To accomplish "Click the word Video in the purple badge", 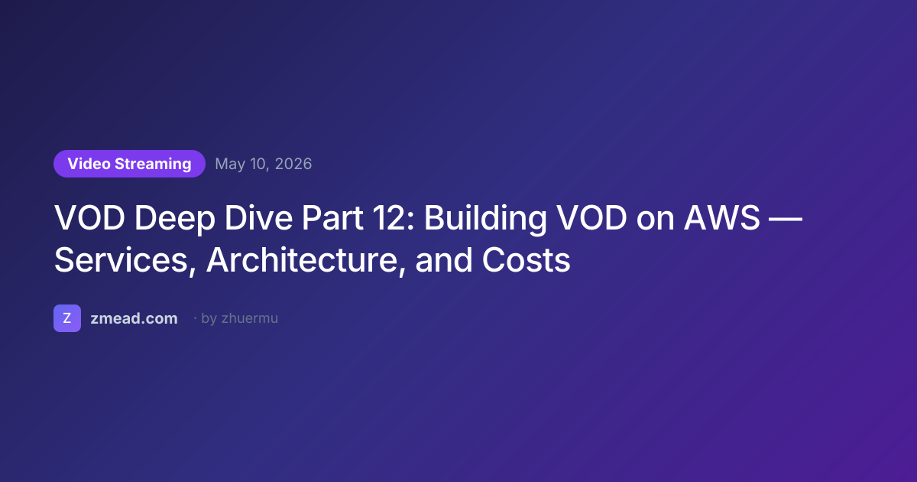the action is [89, 164].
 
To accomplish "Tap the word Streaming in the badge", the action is [153, 164].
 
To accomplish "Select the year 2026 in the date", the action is [293, 164].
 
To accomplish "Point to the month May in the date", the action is [231, 164].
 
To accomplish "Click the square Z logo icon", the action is [67, 318].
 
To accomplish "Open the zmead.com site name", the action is [134, 318].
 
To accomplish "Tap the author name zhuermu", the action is [250, 318].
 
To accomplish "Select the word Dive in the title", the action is [258, 217].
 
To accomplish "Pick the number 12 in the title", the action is [394, 217].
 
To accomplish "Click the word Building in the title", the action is [485, 220].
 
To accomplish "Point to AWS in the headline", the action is [721, 217].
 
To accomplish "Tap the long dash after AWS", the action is [786, 219].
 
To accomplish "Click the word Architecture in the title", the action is [306, 261].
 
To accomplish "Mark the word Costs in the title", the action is [526, 260].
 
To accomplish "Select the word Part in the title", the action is [332, 217].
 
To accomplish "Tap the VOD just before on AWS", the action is [591, 217].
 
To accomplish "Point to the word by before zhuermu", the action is [209, 319].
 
